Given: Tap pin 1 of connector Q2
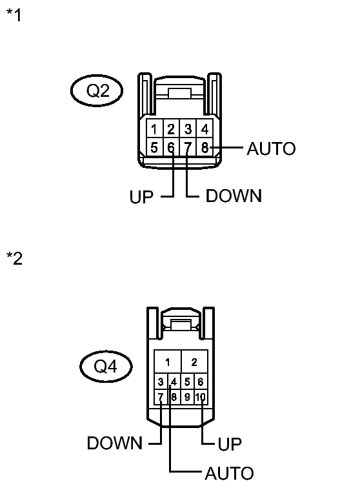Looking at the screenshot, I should click(x=155, y=128).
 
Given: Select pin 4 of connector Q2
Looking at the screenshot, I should click(x=204, y=128).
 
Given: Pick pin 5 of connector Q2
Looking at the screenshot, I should click(x=155, y=148).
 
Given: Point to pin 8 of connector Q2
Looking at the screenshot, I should click(x=204, y=148).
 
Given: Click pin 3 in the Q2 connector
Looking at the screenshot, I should click(x=188, y=128).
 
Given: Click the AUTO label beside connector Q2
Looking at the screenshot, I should click(x=271, y=149).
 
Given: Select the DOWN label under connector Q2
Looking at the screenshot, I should click(x=234, y=196).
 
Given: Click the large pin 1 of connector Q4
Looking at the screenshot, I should click(x=168, y=362).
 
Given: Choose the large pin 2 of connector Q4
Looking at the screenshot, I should click(x=194, y=362).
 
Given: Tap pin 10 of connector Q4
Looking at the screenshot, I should click(x=201, y=397).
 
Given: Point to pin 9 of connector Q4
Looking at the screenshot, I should click(x=187, y=397).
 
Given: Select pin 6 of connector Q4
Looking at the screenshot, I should click(x=201, y=382).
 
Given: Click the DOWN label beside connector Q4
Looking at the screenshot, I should click(x=115, y=444).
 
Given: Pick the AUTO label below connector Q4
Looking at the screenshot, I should click(x=229, y=474).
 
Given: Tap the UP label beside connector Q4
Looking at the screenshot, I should click(x=230, y=444).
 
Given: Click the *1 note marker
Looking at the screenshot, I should click(x=14, y=15).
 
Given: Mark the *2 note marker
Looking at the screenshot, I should click(x=14, y=260).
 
